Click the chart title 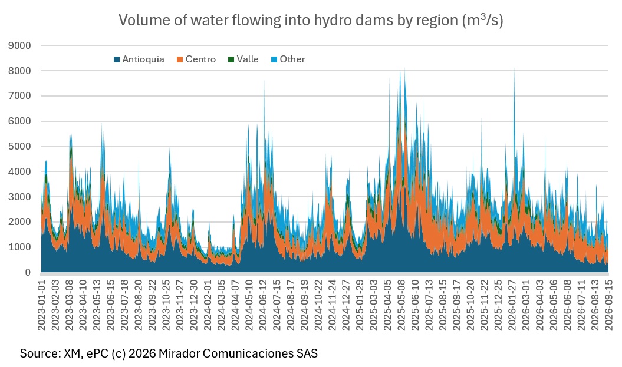pos(311,20)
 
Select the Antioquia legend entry pos(139,59)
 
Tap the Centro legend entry pos(196,59)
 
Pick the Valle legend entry pos(243,59)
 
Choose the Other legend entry pos(288,59)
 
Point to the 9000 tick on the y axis pos(19,45)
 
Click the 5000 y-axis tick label pos(19,147)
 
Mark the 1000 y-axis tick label pos(19,247)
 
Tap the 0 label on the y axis pos(28,273)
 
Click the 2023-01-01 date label pos(42,305)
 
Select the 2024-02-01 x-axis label pos(208,305)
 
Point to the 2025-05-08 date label pos(401,305)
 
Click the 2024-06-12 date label pos(264,305)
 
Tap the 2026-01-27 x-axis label pos(512,305)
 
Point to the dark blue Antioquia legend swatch pos(117,59)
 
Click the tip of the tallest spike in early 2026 pos(515,68)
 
